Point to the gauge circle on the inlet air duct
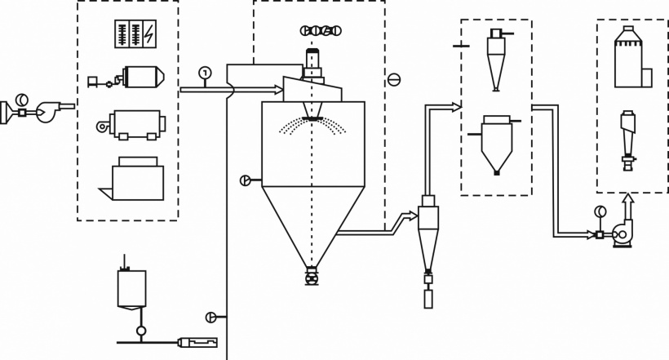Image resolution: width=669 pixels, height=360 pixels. point(204,73)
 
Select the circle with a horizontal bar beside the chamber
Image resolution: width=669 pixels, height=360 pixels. point(393,79)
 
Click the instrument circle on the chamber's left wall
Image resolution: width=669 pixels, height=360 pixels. point(246,180)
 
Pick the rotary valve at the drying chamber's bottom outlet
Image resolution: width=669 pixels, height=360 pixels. point(311,278)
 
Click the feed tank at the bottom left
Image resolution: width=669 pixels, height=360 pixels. point(131,288)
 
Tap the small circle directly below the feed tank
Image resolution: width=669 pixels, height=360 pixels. point(140,331)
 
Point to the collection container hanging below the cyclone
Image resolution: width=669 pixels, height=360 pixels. point(428,299)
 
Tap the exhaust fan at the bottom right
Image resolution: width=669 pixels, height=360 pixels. point(624,233)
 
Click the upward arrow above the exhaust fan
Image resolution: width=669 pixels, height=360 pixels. point(627,203)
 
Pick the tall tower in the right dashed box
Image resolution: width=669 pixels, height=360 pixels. point(629,57)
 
